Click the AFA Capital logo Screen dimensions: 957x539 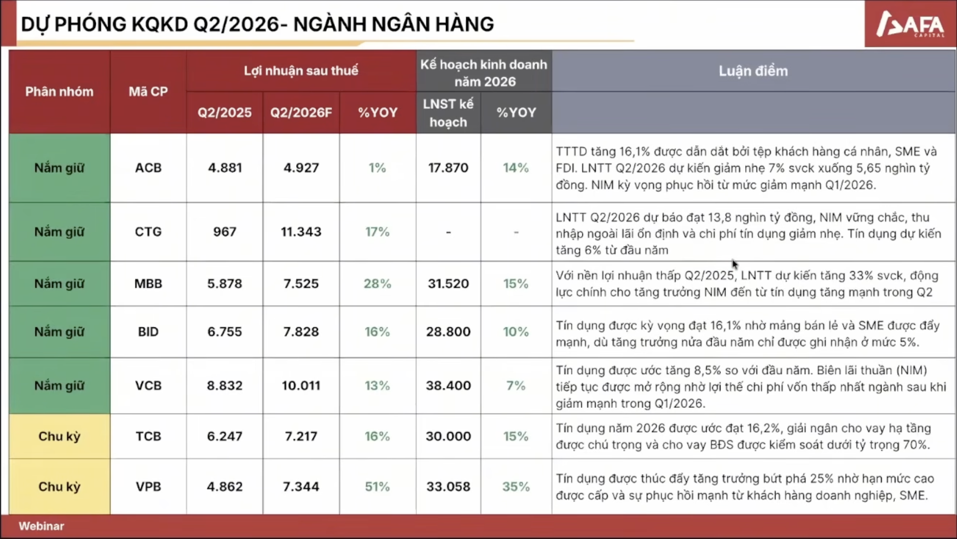point(910,24)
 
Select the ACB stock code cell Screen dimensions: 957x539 point(148,168)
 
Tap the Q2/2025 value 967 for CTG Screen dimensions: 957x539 point(225,232)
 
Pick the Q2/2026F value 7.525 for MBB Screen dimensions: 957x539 point(301,283)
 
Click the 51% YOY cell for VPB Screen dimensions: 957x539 point(377,486)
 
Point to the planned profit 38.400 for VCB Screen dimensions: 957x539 point(448,386)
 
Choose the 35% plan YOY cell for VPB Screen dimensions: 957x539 point(516,486)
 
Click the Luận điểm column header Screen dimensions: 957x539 point(753,71)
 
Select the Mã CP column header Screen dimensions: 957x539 point(148,91)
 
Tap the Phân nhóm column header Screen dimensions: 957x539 point(59,91)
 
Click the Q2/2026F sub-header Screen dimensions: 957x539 point(301,113)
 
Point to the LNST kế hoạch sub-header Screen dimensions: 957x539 point(448,113)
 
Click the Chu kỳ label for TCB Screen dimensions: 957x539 point(59,436)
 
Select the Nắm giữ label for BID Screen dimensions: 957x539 point(59,332)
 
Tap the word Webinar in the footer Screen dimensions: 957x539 point(41,526)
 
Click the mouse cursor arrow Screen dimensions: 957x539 point(734,264)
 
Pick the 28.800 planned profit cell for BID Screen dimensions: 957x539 point(448,332)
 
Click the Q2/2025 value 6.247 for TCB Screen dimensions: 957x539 point(225,436)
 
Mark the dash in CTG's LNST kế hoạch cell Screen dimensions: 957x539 point(448,232)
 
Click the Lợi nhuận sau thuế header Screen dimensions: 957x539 point(301,71)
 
